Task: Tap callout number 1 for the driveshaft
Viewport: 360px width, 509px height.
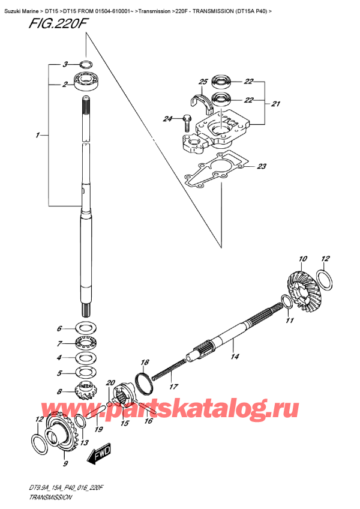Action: (x=38, y=136)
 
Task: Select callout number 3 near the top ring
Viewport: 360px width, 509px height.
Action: (x=65, y=64)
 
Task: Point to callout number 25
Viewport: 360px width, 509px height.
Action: (x=203, y=82)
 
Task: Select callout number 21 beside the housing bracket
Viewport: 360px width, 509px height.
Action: (x=275, y=104)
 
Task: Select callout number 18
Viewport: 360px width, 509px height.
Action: (x=144, y=362)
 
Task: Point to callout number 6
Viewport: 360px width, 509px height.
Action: (x=59, y=328)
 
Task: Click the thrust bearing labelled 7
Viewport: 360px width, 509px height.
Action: (x=86, y=343)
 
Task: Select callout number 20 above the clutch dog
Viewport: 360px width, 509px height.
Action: (x=110, y=382)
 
